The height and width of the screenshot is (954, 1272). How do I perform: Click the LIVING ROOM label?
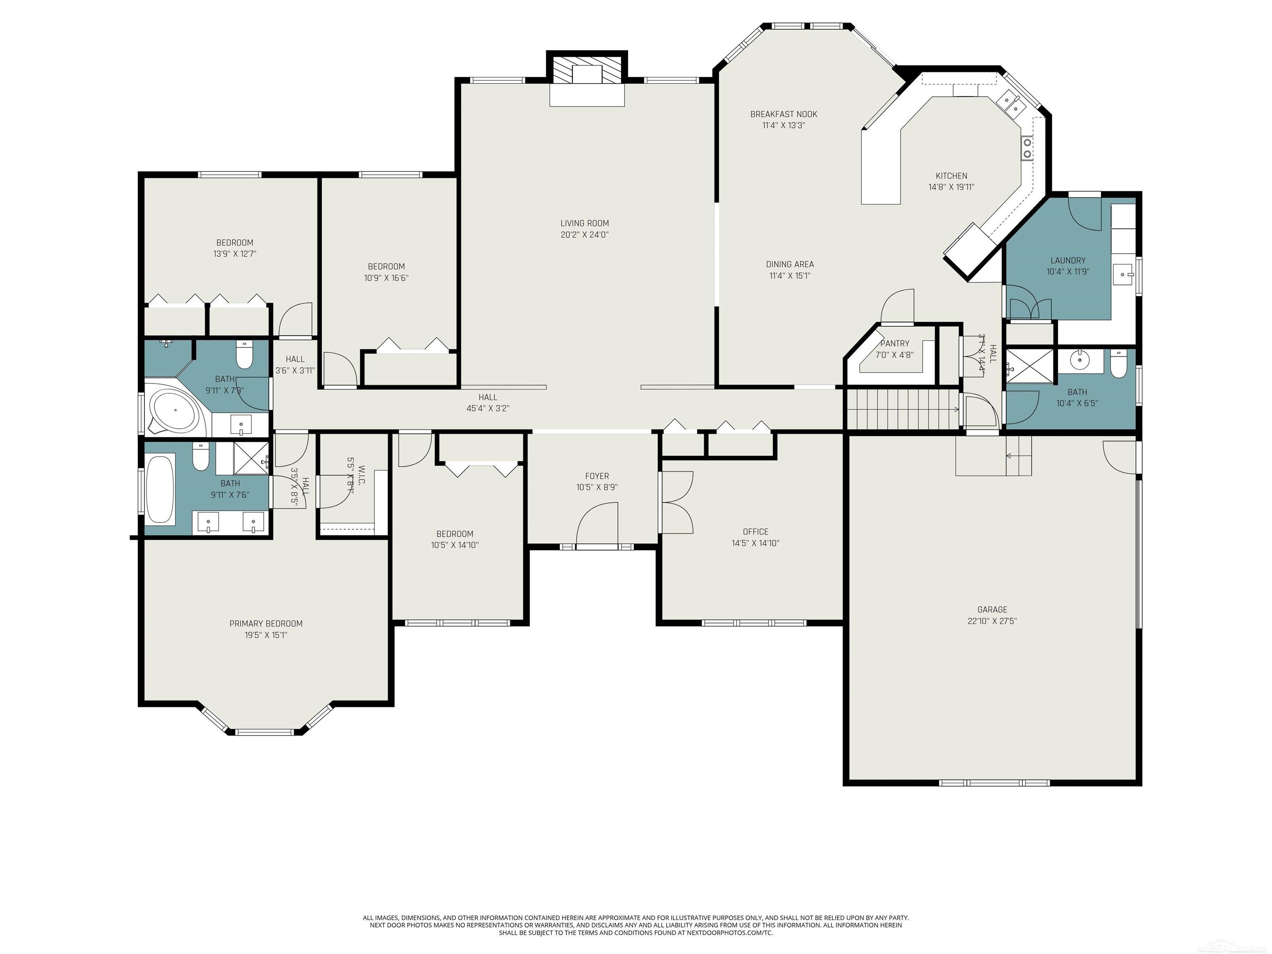(x=584, y=223)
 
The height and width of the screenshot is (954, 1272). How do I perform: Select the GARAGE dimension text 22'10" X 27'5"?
(x=992, y=621)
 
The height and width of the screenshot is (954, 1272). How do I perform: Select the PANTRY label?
(x=894, y=343)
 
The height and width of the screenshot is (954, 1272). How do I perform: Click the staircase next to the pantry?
(x=902, y=409)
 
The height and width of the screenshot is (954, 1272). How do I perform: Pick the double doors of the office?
(x=677, y=502)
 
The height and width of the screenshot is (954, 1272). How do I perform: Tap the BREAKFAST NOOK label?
(x=783, y=114)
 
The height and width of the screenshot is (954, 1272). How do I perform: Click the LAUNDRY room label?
(x=1067, y=260)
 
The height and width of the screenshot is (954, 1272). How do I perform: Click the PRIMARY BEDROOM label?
(x=266, y=623)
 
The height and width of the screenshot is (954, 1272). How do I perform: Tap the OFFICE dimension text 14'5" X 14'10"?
(x=755, y=543)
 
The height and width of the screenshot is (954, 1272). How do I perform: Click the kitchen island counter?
(x=880, y=167)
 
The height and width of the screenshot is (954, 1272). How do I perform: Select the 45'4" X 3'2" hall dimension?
(x=488, y=409)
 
